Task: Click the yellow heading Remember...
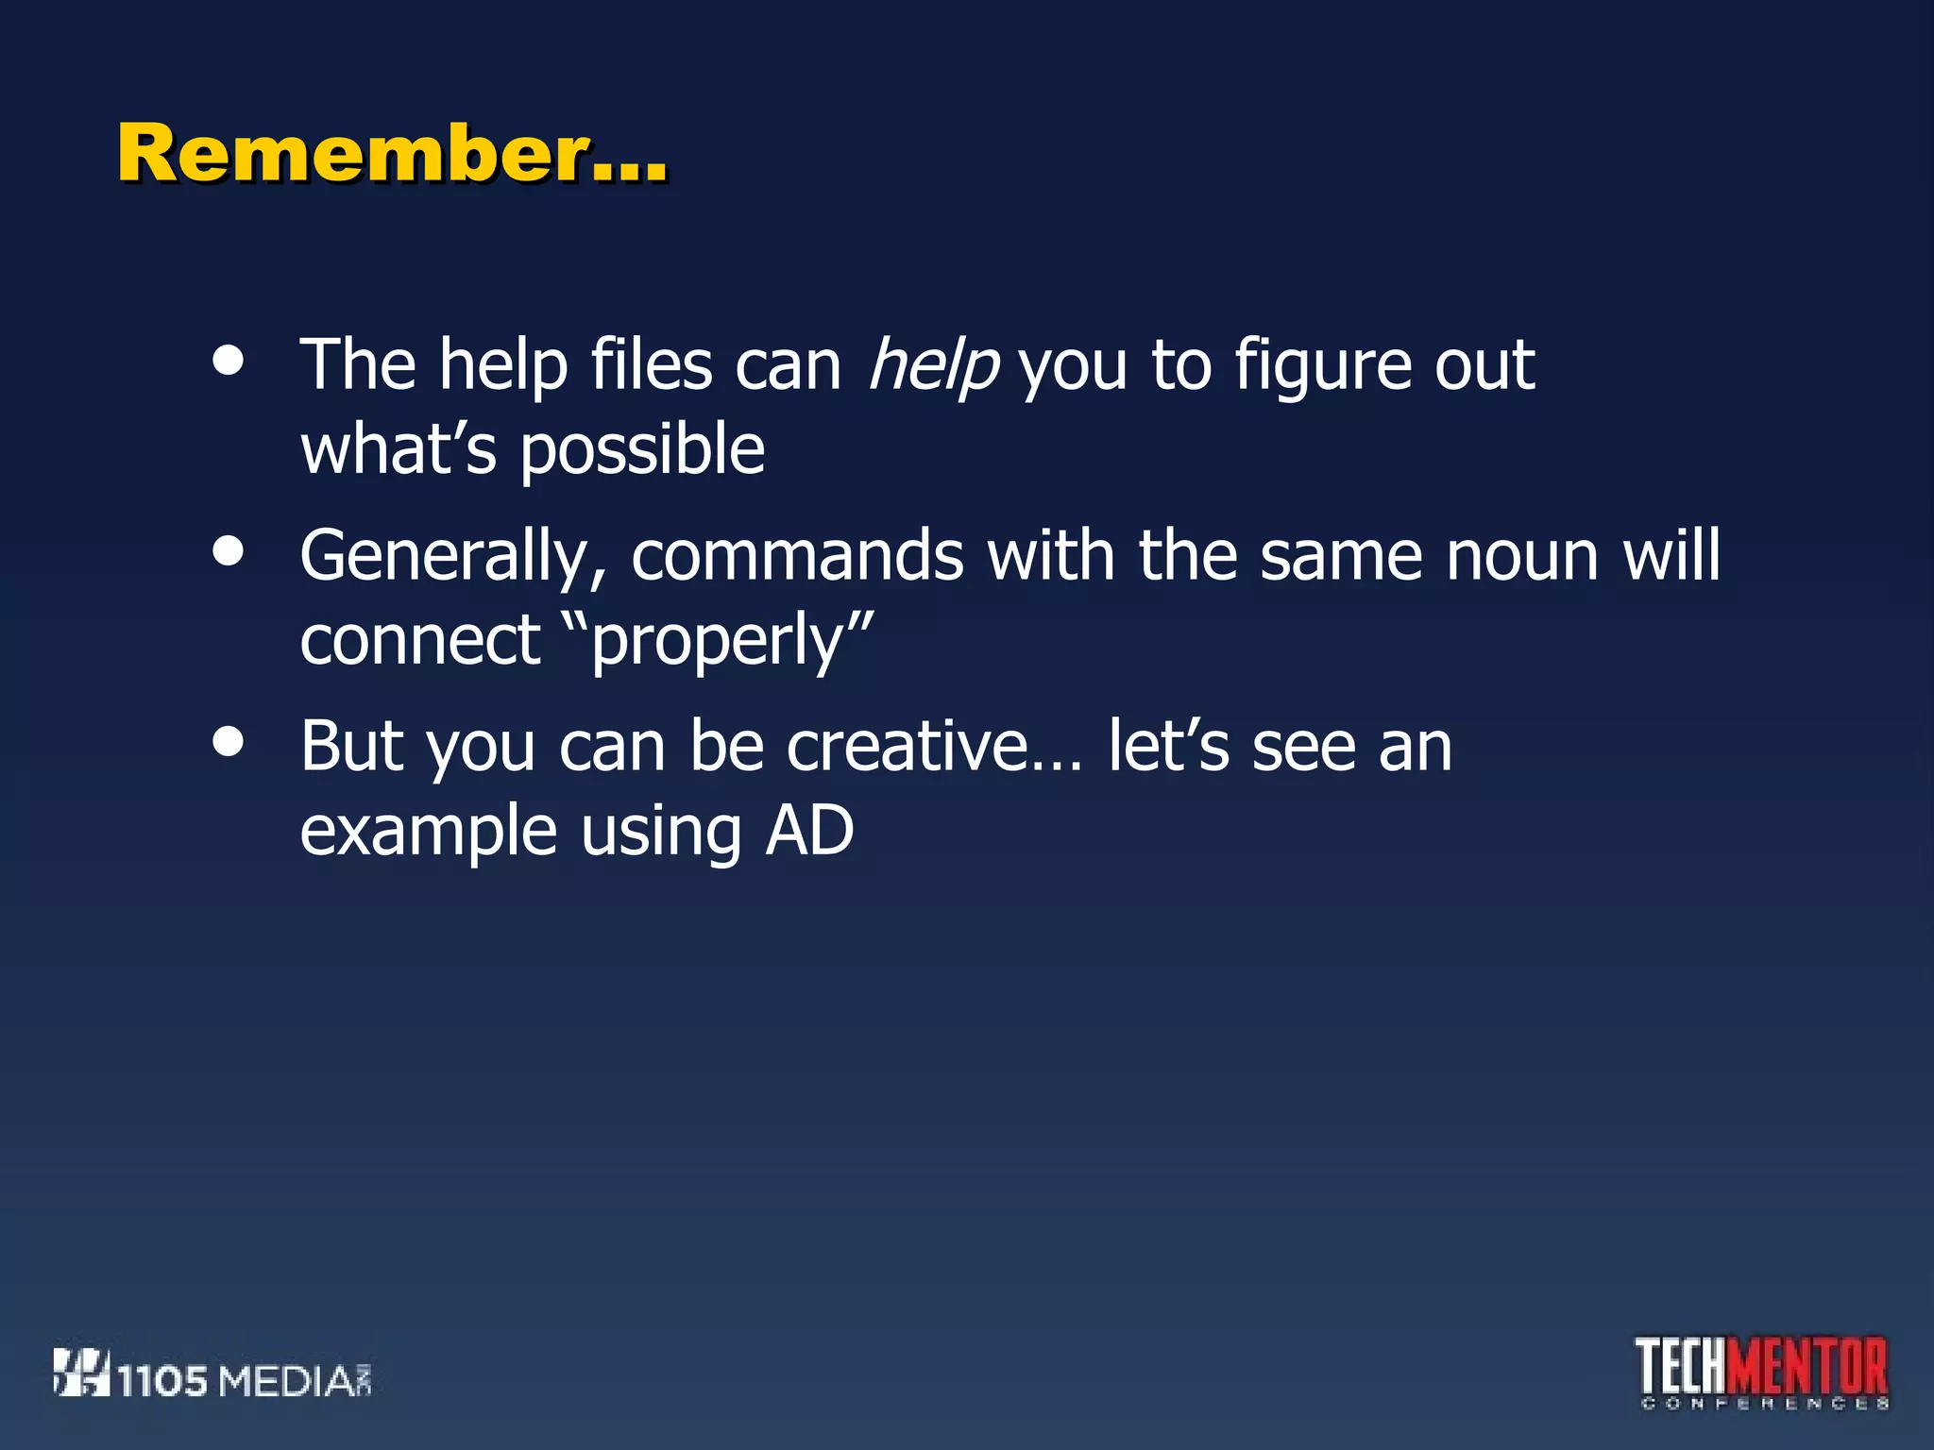[392, 153]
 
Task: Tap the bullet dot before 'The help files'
[229, 360]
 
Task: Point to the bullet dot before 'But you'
[229, 741]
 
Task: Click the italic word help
[932, 366]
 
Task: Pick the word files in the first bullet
[651, 364]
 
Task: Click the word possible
[642, 451]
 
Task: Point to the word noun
[1522, 557]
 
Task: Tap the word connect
[419, 640]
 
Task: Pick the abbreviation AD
[809, 831]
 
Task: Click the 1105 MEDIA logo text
[244, 1381]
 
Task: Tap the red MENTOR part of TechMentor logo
[1810, 1366]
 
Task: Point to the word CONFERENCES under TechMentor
[1764, 1404]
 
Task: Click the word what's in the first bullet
[398, 449]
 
